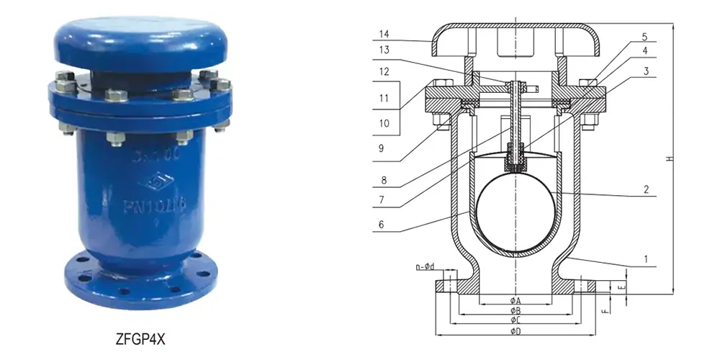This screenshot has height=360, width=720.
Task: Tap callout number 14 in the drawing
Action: tap(384, 34)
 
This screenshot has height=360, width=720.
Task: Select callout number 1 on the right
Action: tap(646, 258)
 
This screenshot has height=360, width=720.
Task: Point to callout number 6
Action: tap(384, 224)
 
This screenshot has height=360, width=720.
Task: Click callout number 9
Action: tap(384, 149)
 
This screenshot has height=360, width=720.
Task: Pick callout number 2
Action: tap(646, 190)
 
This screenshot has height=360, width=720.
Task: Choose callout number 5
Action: tap(645, 35)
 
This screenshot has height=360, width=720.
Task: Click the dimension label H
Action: tap(670, 159)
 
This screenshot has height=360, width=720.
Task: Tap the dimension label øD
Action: tap(516, 330)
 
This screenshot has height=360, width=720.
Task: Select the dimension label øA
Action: tap(516, 300)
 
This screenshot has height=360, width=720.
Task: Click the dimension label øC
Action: tap(516, 320)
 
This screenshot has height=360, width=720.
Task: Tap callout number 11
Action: tap(384, 97)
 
